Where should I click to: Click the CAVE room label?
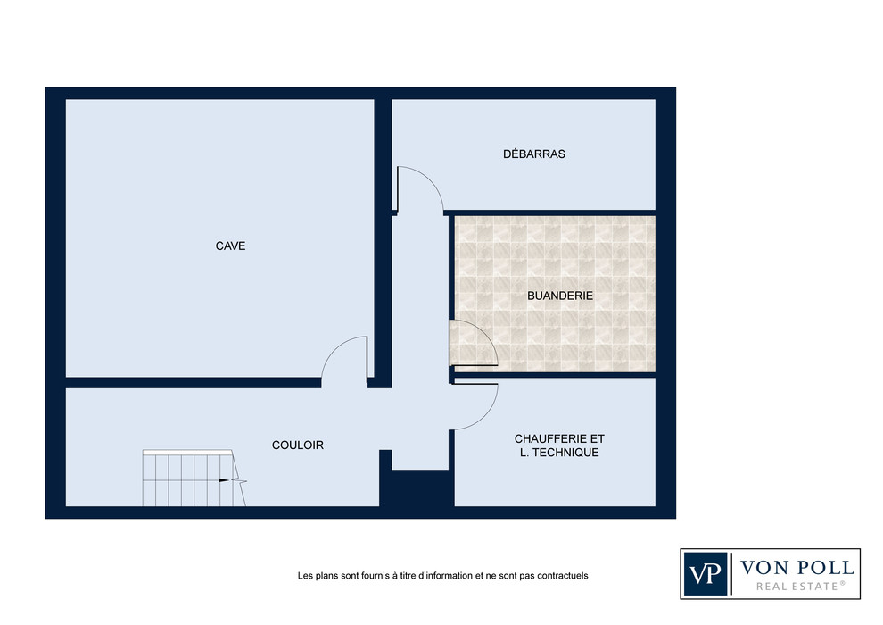(230, 246)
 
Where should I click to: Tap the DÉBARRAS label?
(534, 154)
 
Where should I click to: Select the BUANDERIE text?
(560, 296)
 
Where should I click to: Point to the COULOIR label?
(297, 446)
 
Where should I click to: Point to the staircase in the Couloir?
(194, 478)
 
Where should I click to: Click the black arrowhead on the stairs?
(224, 480)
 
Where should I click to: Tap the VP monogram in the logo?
(706, 574)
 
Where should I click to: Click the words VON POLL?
(796, 567)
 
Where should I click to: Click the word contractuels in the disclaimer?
(563, 576)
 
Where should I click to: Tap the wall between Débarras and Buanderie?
(552, 213)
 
